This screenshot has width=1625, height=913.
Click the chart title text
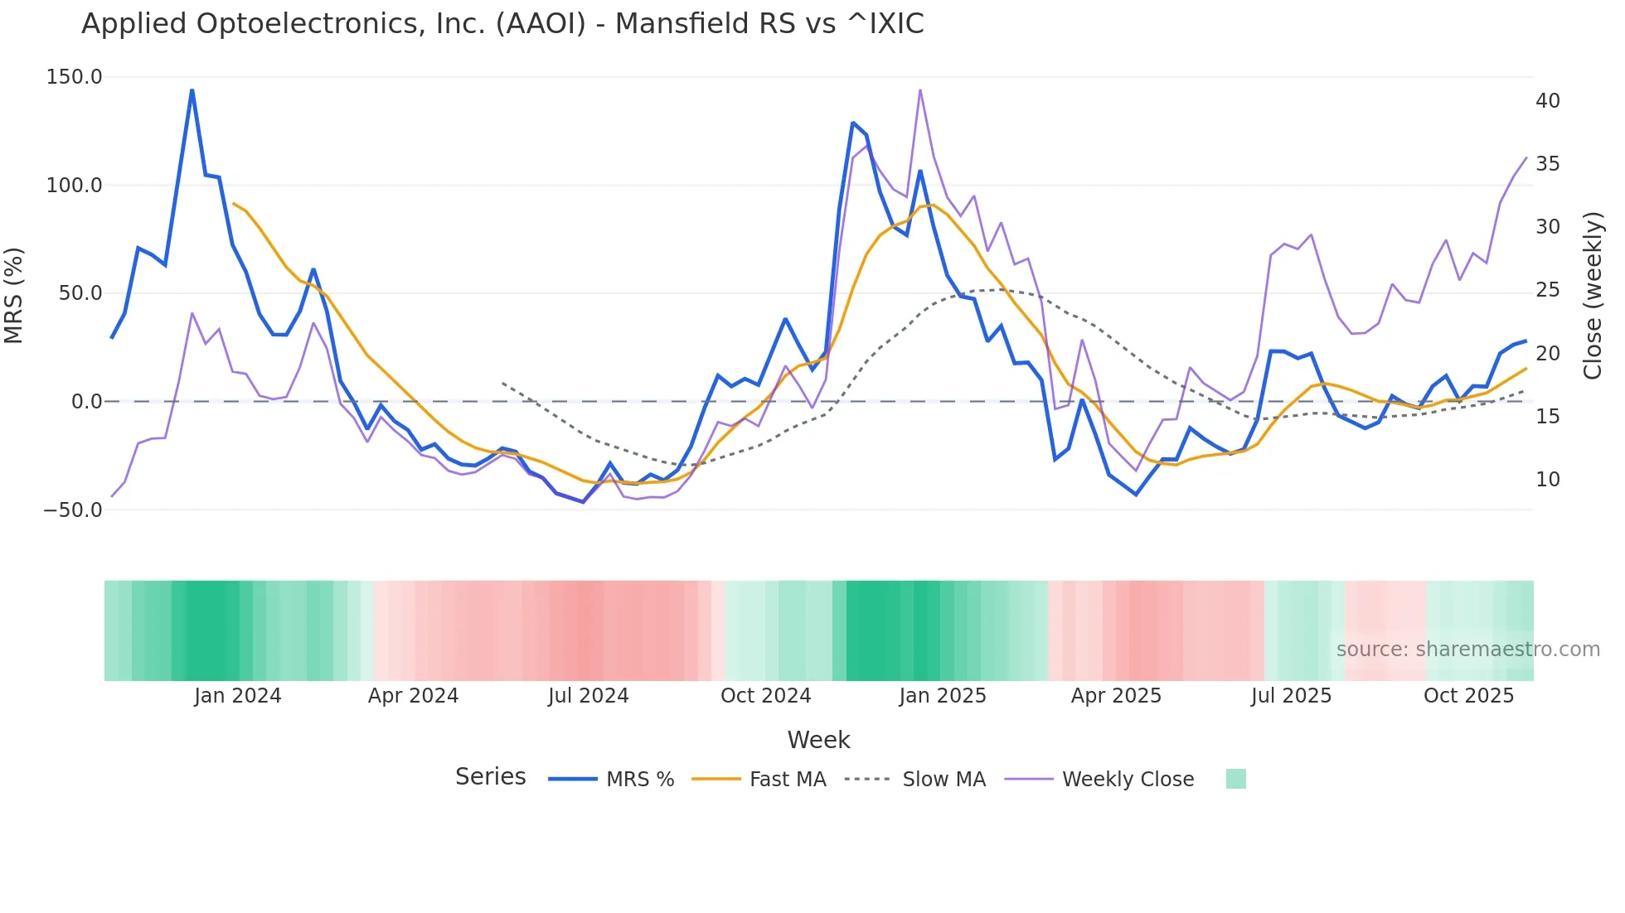point(502,24)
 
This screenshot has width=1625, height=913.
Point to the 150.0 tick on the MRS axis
point(75,77)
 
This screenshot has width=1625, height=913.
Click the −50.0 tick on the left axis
point(73,510)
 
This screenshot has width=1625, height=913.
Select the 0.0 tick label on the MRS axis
point(86,402)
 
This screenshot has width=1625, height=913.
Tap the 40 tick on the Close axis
point(1547,101)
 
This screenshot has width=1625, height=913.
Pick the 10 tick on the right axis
point(1547,480)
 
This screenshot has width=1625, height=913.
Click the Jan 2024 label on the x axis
point(238,696)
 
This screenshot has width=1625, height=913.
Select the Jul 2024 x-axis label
point(588,696)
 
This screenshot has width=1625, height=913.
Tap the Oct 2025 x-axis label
point(1468,696)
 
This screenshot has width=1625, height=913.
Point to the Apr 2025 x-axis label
point(1116,696)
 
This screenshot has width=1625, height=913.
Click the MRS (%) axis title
point(14,295)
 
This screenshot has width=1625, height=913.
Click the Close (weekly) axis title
point(1593,295)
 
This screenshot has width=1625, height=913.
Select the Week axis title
point(818,740)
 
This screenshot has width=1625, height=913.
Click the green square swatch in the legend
point(1235,779)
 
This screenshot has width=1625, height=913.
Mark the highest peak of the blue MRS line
point(192,90)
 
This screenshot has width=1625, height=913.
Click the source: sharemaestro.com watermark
point(1467,650)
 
